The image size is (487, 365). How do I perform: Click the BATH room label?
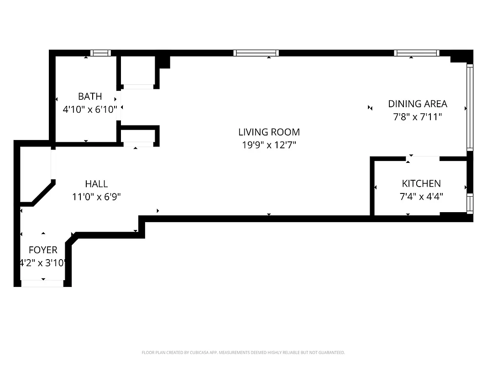pyautogui.click(x=90, y=96)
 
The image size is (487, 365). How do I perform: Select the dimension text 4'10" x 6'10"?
pyautogui.click(x=90, y=109)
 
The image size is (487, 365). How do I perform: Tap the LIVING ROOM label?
pyautogui.click(x=269, y=132)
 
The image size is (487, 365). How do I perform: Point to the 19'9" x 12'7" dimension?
pyautogui.click(x=269, y=145)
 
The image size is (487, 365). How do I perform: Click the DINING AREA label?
pyautogui.click(x=417, y=104)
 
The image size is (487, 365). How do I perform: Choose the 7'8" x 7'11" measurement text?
pyautogui.click(x=417, y=117)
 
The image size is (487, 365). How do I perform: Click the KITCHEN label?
pyautogui.click(x=421, y=183)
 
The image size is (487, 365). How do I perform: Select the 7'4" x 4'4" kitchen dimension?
pyautogui.click(x=421, y=197)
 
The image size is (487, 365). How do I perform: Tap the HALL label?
pyautogui.click(x=96, y=183)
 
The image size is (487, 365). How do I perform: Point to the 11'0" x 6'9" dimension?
pyautogui.click(x=96, y=197)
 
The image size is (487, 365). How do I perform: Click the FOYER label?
pyautogui.click(x=43, y=250)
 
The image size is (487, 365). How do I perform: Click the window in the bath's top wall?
pyautogui.click(x=100, y=53)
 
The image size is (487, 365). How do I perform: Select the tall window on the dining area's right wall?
pyautogui.click(x=470, y=107)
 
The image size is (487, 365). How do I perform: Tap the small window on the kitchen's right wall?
pyautogui.click(x=470, y=203)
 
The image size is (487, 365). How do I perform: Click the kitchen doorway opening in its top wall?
pyautogui.click(x=423, y=159)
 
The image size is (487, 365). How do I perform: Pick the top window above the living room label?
pyautogui.click(x=256, y=53)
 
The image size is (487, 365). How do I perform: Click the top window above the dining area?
pyautogui.click(x=416, y=53)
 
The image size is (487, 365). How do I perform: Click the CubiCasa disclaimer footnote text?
pyautogui.click(x=243, y=353)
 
